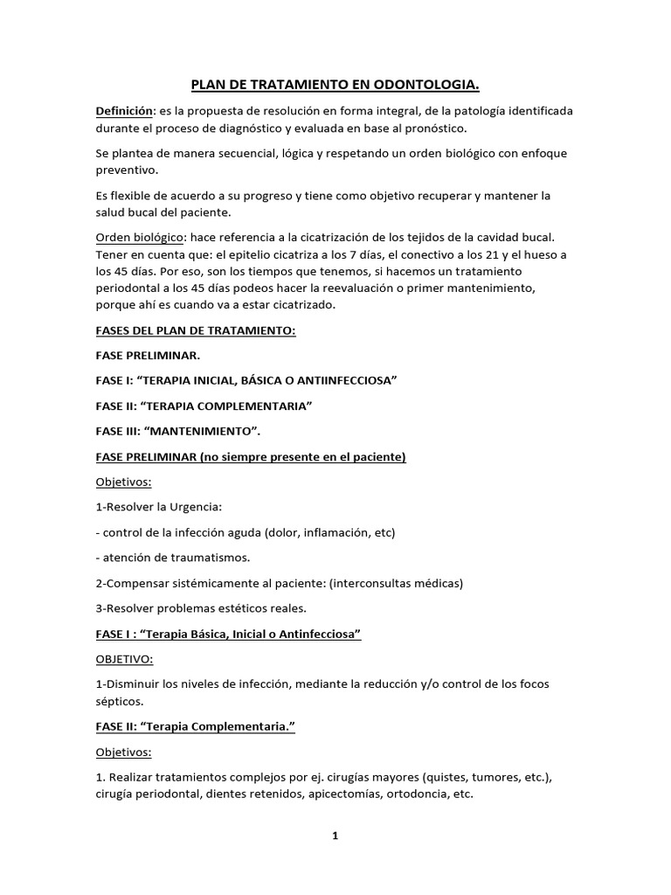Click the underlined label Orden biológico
point(138,238)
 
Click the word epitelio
point(254,254)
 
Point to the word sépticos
point(122,700)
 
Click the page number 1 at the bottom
point(335,836)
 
